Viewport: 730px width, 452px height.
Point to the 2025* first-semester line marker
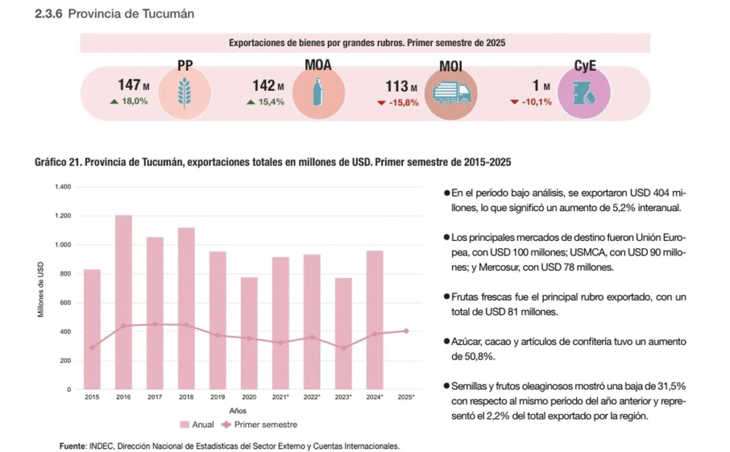pyautogui.click(x=406, y=331)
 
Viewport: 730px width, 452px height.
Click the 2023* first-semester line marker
pyautogui.click(x=343, y=348)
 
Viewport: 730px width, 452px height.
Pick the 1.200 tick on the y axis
pyautogui.click(x=63, y=216)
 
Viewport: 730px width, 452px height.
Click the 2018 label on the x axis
pyautogui.click(x=186, y=396)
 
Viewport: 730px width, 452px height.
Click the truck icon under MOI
pyautogui.click(x=451, y=93)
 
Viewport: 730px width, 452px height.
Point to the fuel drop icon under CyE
pyautogui.click(x=584, y=93)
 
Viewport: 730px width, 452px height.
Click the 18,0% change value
pyautogui.click(x=134, y=101)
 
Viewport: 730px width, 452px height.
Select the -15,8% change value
pyautogui.click(x=403, y=102)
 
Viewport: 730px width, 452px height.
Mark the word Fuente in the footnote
pyautogui.click(x=72, y=446)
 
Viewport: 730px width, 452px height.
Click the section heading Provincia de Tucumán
pyautogui.click(x=131, y=14)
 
